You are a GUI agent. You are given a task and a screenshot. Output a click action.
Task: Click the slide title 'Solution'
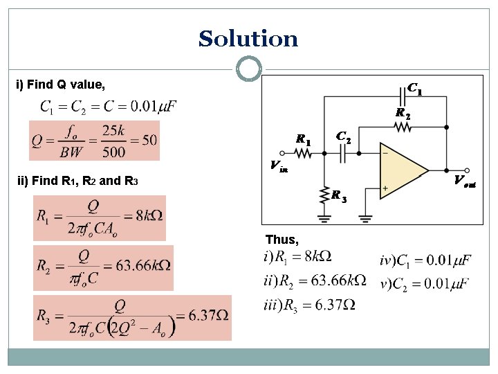pos(248,39)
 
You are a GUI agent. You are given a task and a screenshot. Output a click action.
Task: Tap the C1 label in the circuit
pos(415,89)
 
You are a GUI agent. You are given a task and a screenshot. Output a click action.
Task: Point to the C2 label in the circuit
pos(343,137)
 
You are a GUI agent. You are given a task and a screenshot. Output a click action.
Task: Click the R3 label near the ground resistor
pos(338,197)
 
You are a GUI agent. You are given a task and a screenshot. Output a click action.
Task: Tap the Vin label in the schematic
pos(279,166)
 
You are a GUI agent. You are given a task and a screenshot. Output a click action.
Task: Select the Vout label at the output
pos(465,181)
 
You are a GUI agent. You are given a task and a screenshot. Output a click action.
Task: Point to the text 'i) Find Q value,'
pos(61,85)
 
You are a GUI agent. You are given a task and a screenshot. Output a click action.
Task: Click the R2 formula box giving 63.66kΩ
pos(103,267)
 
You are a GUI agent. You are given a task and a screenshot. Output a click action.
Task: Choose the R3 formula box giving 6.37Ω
pos(132,317)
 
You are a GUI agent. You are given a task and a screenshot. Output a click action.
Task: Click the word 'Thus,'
pos(282,240)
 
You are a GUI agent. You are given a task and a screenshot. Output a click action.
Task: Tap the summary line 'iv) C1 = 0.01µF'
pos(425,260)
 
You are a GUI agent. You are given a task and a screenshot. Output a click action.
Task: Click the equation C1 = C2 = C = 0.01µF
pos(109,106)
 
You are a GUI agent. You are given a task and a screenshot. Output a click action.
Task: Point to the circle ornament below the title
pos(248,69)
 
